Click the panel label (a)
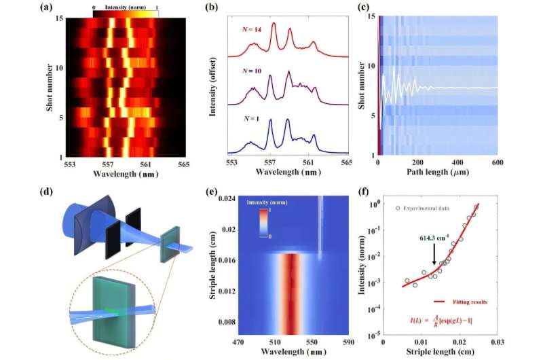[46, 8]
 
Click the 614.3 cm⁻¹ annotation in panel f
[434, 238]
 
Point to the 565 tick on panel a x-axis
[185, 164]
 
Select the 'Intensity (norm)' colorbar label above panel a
[126, 5]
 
